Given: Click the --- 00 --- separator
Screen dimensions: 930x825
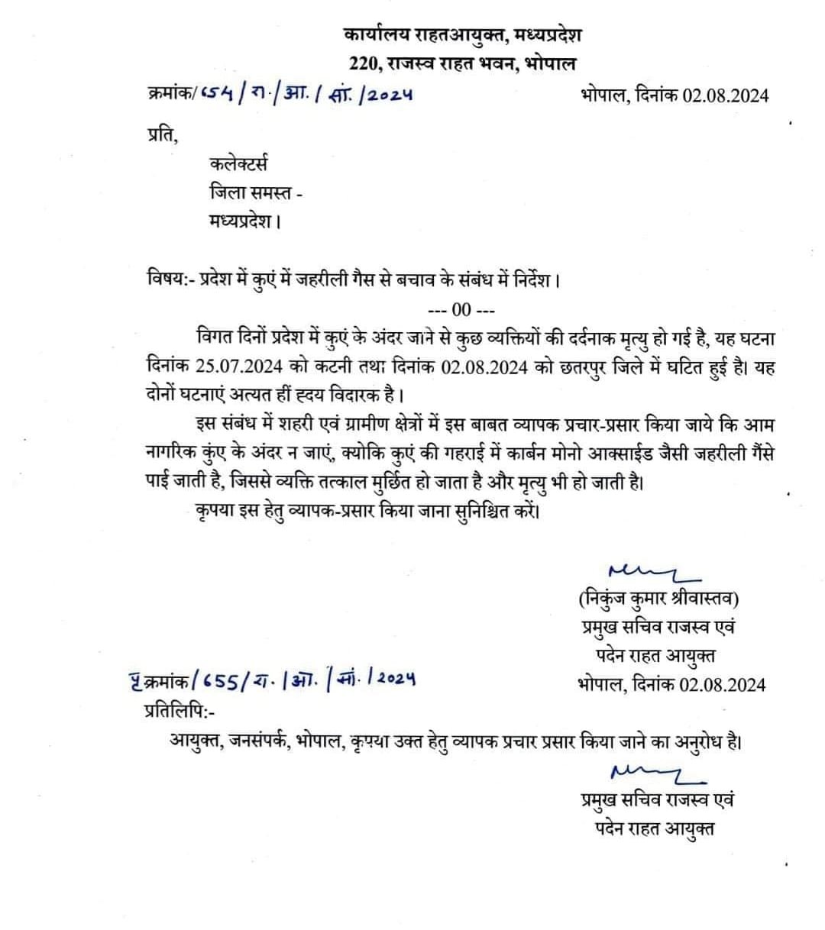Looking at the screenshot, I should [x=461, y=310].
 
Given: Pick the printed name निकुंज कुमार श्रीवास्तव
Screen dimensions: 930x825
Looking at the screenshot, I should [x=658, y=598].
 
